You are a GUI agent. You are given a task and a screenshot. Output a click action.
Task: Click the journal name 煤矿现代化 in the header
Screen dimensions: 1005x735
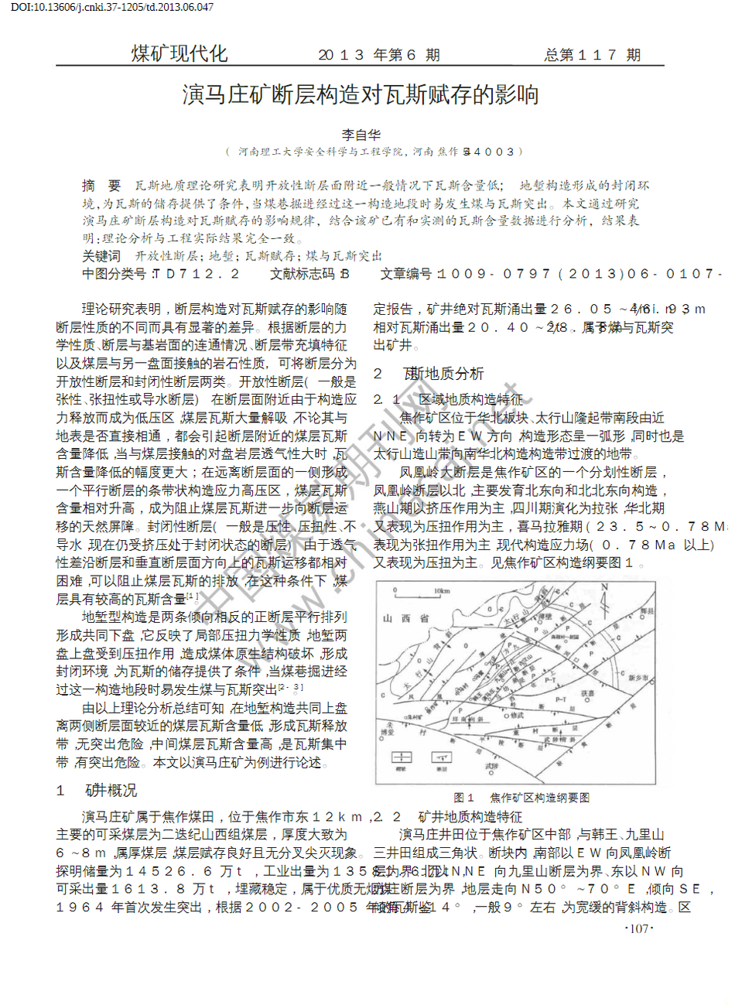coord(179,53)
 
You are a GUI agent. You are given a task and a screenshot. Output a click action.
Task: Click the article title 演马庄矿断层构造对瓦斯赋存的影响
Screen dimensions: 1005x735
coord(361,95)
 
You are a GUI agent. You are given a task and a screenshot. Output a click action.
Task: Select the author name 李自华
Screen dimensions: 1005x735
coord(361,135)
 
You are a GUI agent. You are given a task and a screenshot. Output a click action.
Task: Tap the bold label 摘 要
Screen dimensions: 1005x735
coord(101,186)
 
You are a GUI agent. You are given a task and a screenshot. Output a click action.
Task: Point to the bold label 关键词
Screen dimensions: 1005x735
coord(101,256)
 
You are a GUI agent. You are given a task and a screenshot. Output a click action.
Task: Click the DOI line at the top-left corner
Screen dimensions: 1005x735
coord(112,7)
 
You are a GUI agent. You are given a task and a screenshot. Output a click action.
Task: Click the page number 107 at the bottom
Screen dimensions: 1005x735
coord(638,929)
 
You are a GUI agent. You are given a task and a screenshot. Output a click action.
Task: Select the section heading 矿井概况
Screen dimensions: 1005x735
coord(111,791)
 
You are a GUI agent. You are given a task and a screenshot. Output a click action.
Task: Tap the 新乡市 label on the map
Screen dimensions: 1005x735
coord(638,678)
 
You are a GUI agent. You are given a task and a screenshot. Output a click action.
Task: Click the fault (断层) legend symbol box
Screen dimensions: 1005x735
coord(442,757)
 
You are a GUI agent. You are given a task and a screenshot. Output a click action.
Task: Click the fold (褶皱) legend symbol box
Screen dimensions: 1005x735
coord(401,757)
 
